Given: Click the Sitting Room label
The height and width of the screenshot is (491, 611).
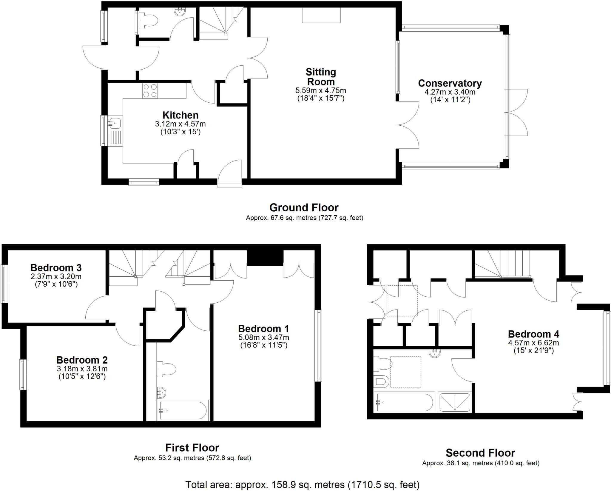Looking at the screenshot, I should click(321, 77).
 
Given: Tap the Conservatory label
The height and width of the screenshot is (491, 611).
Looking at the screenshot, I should click(450, 83).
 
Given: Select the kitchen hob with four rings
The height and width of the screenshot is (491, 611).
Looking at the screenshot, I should click(150, 91).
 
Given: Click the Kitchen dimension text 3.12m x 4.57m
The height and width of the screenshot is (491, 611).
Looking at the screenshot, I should click(180, 124).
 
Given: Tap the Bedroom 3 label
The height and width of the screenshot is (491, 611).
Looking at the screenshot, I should click(56, 267).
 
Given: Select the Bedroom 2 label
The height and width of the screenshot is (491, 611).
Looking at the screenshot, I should click(82, 360).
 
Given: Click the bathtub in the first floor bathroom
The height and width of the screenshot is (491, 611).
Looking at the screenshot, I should click(183, 411).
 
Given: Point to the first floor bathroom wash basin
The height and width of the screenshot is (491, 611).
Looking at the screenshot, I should click(161, 393).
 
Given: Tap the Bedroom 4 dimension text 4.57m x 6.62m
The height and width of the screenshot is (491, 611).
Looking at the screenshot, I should click(533, 343).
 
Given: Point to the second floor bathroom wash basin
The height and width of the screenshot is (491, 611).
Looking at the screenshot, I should click(435, 353).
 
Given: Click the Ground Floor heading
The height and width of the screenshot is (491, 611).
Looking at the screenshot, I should click(304, 207).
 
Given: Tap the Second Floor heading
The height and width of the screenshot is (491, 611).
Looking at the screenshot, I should click(480, 453).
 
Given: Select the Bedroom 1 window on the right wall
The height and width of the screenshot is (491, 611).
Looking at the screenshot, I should click(319, 346).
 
